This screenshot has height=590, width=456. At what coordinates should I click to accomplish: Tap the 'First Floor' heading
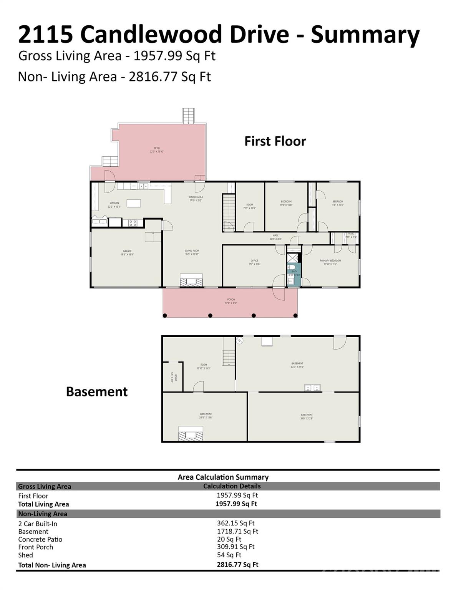coord(275,141)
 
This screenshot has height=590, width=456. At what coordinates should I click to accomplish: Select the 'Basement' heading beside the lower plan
coord(97,391)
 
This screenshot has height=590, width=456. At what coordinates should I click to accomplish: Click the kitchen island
coord(134,203)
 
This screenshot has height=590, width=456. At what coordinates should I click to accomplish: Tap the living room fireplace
coord(191,280)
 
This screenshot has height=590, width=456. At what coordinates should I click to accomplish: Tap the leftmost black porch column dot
coord(165,315)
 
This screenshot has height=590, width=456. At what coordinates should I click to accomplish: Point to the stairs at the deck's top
coord(189,116)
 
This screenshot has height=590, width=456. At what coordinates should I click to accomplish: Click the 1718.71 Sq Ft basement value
coord(237,531)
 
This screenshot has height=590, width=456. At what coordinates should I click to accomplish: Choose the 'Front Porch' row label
coord(36,547)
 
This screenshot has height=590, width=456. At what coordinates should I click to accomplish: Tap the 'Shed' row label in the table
coord(26,555)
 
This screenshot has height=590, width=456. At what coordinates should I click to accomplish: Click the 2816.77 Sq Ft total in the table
coord(237,564)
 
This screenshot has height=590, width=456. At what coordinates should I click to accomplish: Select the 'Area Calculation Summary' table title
coord(223,477)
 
